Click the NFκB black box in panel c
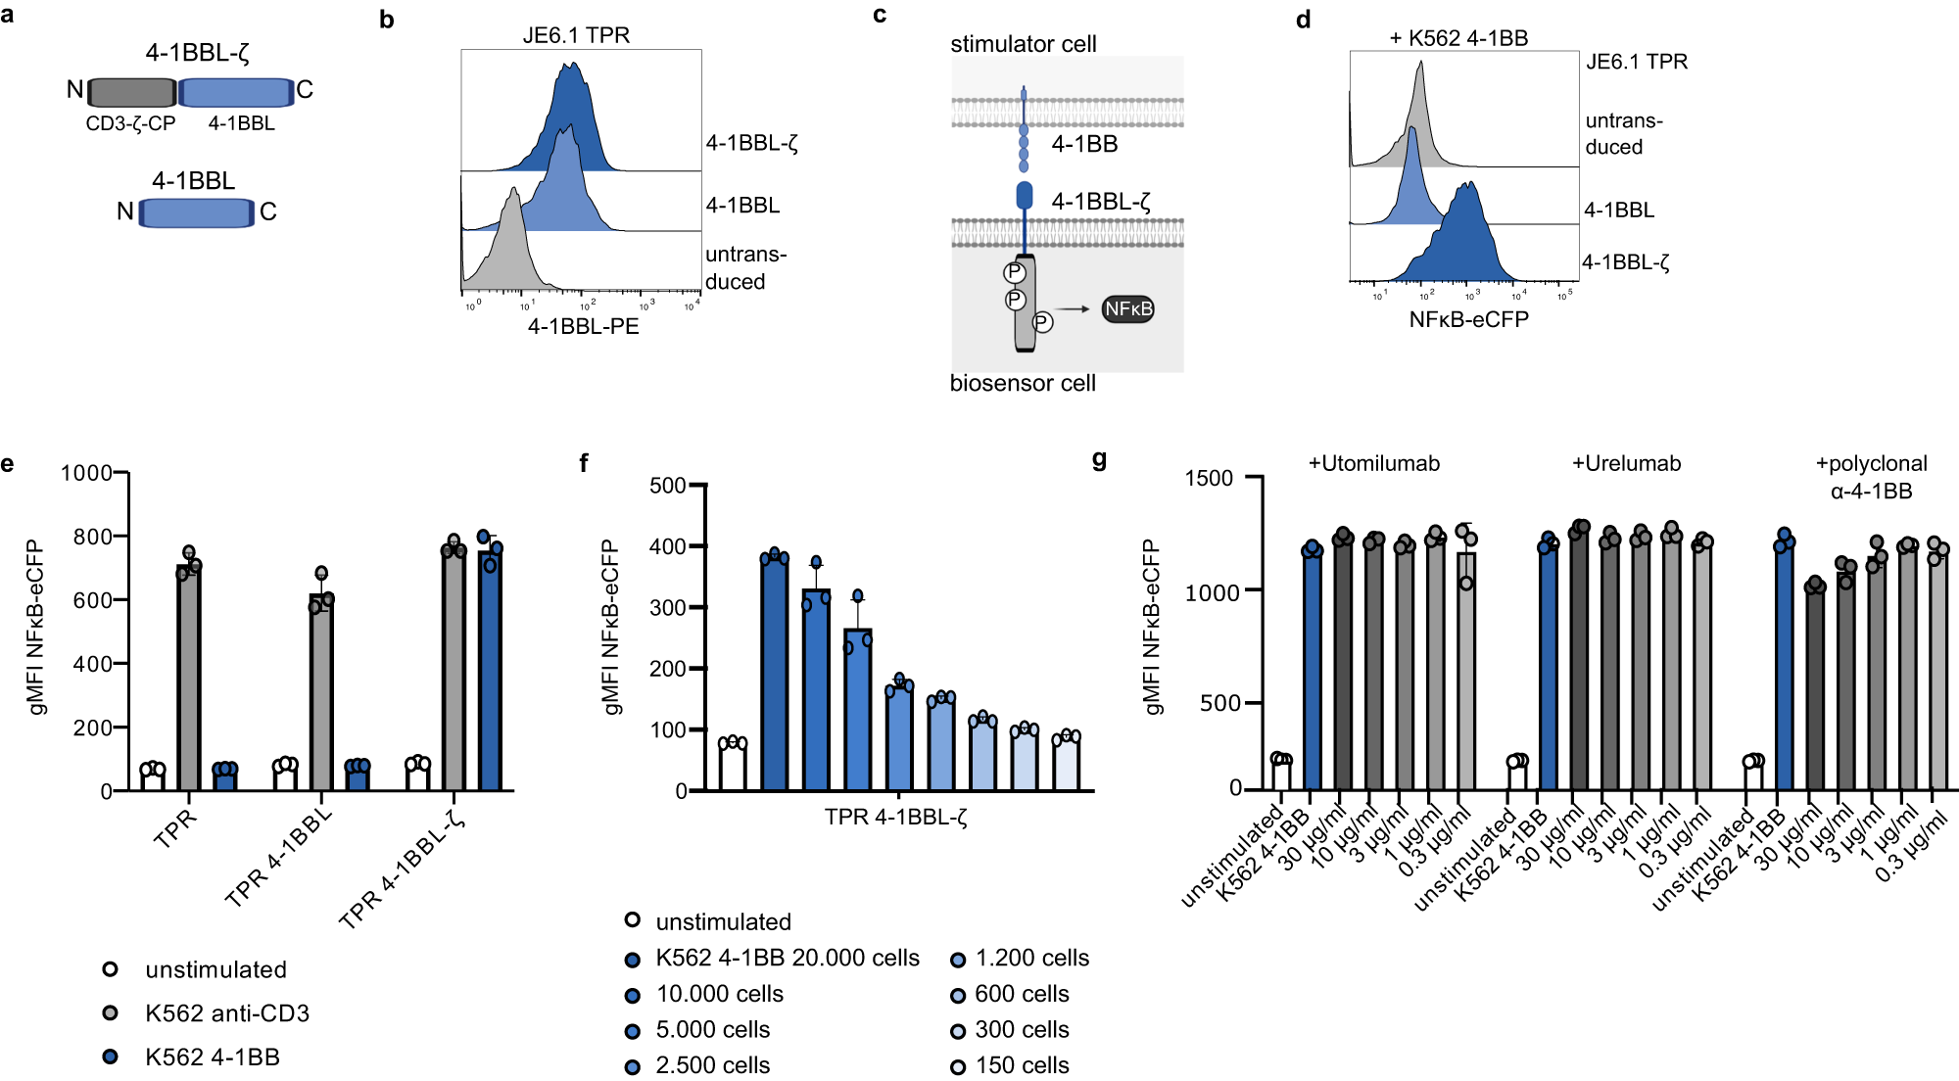coord(1127,309)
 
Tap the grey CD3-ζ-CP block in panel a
coord(132,92)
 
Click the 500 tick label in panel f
coord(667,486)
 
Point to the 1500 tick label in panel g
coord(1209,478)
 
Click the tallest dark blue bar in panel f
coord(774,674)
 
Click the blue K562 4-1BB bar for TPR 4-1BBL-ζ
coord(490,671)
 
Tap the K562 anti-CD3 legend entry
coord(226,1013)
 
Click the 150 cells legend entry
coord(1022,1065)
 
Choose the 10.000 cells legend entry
coord(719,994)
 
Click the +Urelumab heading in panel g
coord(1626,463)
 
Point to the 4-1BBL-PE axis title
coord(583,326)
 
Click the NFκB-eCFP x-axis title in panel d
coord(1468,319)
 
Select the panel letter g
coord(1099,459)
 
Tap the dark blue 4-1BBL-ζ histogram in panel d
coord(1459,245)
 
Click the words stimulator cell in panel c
coord(1023,44)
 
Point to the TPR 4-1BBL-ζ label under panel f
coord(895,817)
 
